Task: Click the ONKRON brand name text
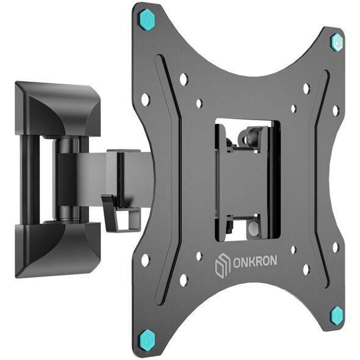click(x=255, y=261)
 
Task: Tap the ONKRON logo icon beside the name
click(x=223, y=265)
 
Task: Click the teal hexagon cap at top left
click(x=146, y=20)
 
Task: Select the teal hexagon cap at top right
click(x=337, y=42)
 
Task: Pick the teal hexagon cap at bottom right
click(x=337, y=315)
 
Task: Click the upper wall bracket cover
click(x=57, y=108)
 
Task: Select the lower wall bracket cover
click(x=57, y=250)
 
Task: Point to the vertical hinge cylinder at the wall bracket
click(x=66, y=179)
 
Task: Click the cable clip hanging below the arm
click(x=121, y=212)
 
